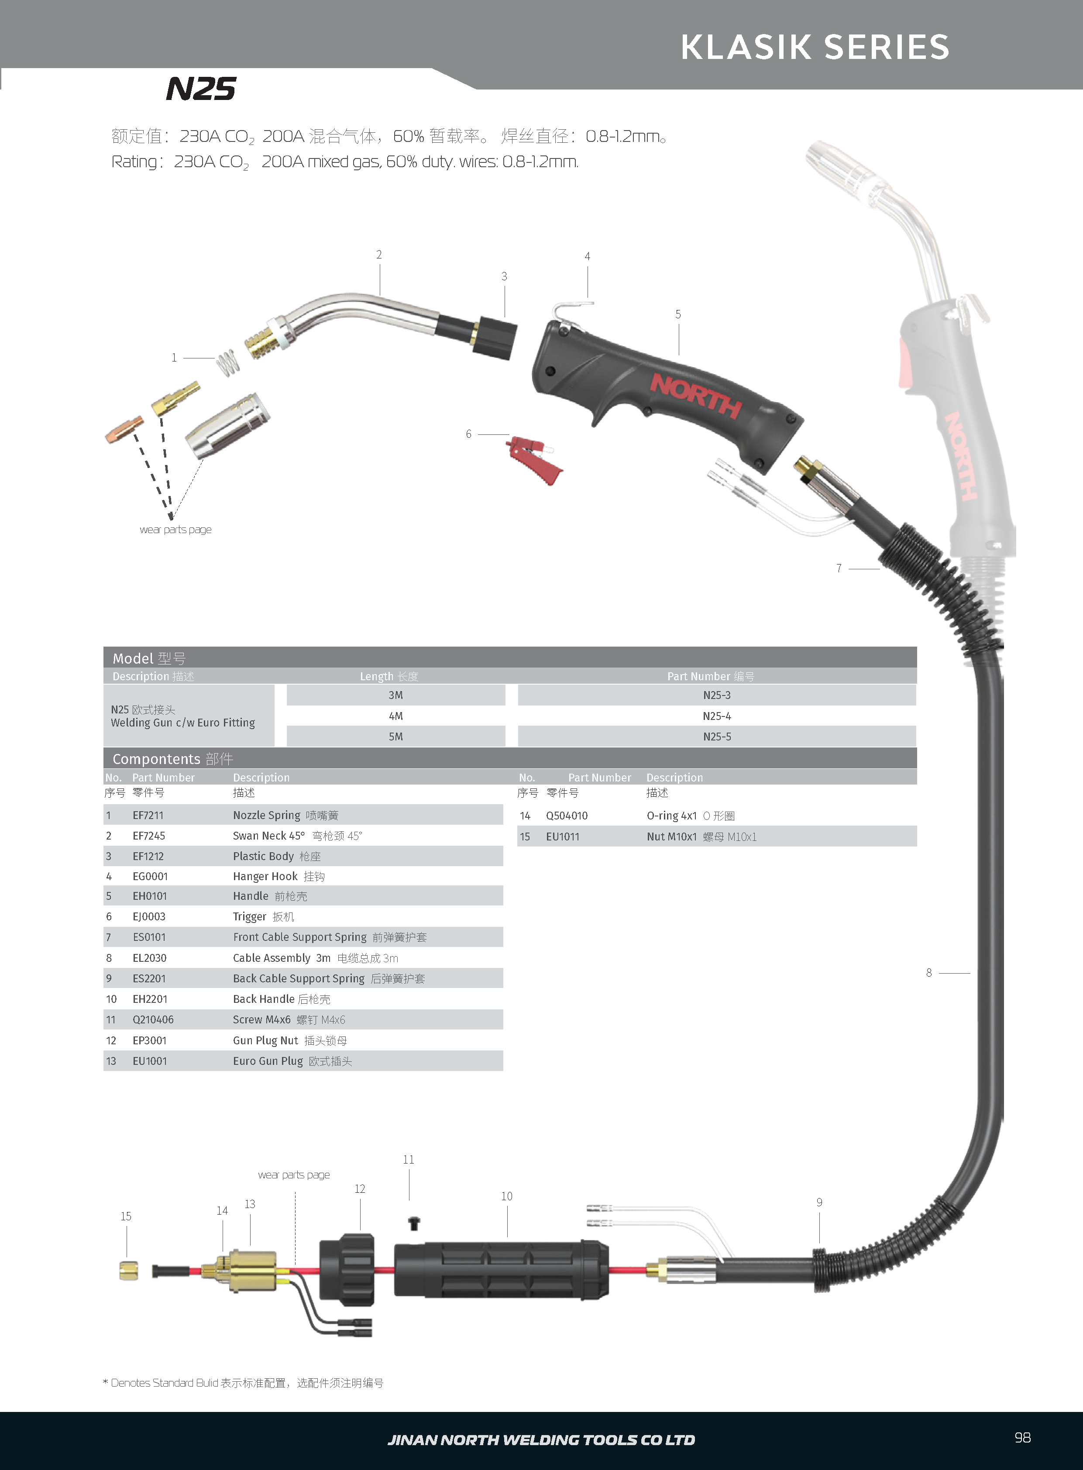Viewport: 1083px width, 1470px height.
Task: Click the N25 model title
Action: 201,89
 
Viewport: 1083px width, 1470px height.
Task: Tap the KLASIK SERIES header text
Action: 815,47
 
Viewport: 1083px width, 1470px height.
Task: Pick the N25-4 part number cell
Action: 716,716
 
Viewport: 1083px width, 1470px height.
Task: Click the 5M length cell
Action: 395,737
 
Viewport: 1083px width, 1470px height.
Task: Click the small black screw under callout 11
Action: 414,1223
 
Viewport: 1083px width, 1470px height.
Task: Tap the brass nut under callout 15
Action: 128,1270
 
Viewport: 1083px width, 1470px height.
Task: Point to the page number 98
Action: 1022,1438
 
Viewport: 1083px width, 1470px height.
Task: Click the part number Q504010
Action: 567,816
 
